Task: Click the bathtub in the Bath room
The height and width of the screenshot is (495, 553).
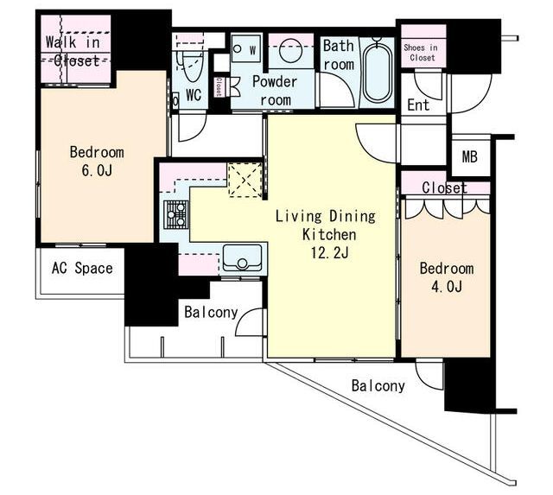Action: coord(378,73)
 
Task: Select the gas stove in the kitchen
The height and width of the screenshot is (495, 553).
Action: coord(176,213)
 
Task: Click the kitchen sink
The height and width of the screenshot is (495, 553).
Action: coord(243,257)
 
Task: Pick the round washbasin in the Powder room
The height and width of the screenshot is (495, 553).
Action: coord(291,51)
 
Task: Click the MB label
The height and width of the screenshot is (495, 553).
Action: coord(470,156)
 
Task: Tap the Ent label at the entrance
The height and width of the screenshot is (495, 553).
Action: coord(418,105)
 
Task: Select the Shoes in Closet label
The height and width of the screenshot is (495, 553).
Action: coord(421,52)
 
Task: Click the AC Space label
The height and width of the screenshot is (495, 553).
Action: coord(82,269)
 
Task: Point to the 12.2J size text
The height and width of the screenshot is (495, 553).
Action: coord(329,252)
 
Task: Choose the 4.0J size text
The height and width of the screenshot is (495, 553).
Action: coord(447,287)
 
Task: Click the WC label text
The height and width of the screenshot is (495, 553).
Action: coord(194,94)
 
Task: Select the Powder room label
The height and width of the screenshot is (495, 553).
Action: coord(275,91)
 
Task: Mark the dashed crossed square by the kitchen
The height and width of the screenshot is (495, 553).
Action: coord(245,181)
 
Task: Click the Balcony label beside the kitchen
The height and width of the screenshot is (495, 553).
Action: coord(211,313)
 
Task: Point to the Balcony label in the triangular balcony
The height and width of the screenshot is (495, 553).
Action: coord(378,385)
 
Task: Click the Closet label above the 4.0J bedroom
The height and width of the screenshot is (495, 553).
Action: coord(444,188)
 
